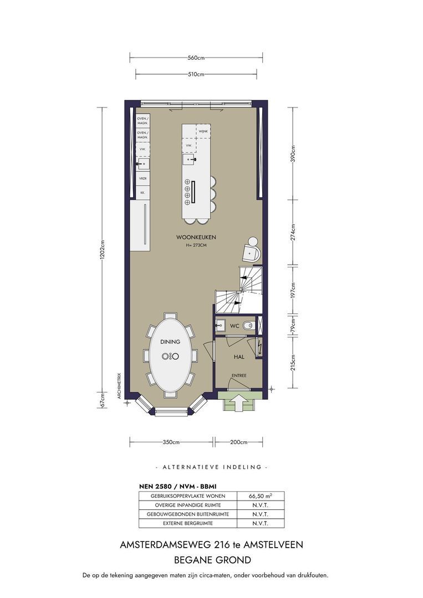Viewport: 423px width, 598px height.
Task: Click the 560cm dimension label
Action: (x=196, y=58)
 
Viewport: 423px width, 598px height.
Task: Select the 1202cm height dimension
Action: (x=102, y=250)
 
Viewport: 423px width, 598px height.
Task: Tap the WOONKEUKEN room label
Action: (x=196, y=237)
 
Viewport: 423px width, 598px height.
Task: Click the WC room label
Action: (x=235, y=326)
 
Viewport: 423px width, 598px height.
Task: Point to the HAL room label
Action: (x=239, y=357)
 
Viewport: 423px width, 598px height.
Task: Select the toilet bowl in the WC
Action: (x=248, y=326)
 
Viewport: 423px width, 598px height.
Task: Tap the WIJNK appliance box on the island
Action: (x=203, y=132)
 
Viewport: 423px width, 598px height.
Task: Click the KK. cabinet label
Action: (x=142, y=193)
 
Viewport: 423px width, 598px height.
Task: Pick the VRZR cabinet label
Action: (x=142, y=178)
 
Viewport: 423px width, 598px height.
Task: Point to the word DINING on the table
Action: (x=170, y=342)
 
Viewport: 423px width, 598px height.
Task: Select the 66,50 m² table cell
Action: (x=261, y=496)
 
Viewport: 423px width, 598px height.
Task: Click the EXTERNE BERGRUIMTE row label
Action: (x=188, y=523)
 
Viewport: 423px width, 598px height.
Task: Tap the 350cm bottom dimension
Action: (x=171, y=442)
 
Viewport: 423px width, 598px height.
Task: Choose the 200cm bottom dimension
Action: (x=239, y=442)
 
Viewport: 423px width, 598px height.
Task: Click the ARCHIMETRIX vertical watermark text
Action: (x=119, y=385)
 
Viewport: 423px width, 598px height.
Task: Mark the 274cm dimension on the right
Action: (x=293, y=231)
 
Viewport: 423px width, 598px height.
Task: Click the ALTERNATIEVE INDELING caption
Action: (x=212, y=467)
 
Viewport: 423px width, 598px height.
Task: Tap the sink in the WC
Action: (x=221, y=326)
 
